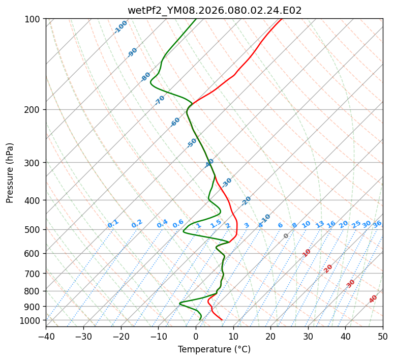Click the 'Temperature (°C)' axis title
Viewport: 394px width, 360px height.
tap(214, 349)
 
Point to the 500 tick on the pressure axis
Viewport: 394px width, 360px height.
tap(34, 229)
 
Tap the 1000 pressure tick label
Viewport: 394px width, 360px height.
tap(32, 320)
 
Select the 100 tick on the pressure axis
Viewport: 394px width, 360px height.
tap(34, 19)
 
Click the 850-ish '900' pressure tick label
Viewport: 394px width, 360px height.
tap(34, 306)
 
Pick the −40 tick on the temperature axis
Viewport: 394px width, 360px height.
tap(46, 336)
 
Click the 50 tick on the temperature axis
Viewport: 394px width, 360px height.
tap(383, 336)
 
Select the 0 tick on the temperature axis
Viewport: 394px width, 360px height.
tap(196, 336)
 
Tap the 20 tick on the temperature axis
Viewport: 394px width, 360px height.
tap(270, 336)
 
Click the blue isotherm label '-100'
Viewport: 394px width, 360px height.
tap(121, 26)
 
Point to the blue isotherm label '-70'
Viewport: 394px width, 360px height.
tap(160, 100)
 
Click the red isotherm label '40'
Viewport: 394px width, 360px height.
tap(373, 299)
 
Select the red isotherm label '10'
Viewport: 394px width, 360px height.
tap(307, 253)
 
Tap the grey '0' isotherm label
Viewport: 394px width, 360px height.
tap(286, 236)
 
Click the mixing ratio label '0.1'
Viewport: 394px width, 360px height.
tap(113, 224)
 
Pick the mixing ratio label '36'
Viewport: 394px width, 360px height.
tap(377, 224)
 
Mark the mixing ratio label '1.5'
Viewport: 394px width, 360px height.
tap(216, 223)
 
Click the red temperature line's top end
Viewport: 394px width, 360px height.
tap(282, 19)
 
